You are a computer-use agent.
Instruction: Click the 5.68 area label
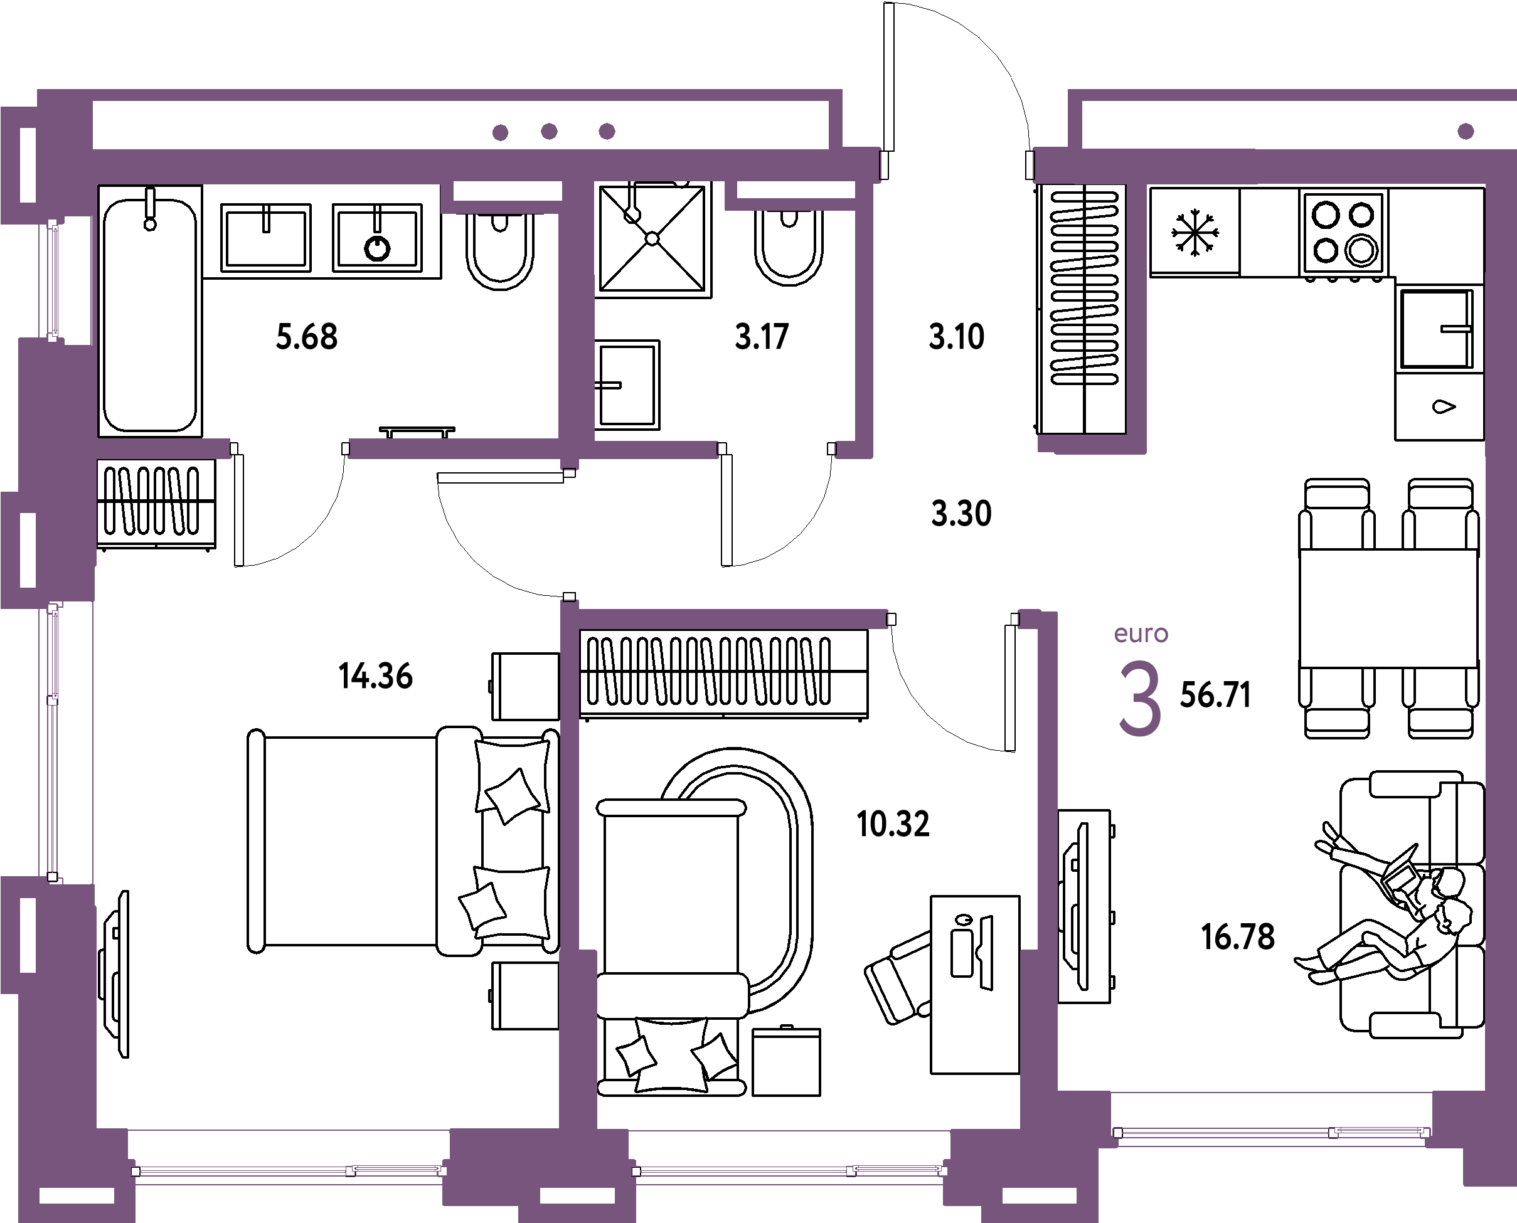coord(307,337)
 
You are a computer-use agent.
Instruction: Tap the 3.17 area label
coord(762,337)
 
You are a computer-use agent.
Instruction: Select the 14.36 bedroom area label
coord(376,676)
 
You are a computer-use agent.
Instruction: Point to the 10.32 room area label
coord(893,824)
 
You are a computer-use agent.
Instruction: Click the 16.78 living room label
coord(1238,938)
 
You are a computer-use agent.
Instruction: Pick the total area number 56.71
coord(1215,696)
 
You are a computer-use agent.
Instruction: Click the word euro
coord(1141,634)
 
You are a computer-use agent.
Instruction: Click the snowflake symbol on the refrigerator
coord(1195,233)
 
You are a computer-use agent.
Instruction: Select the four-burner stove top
coord(1343,233)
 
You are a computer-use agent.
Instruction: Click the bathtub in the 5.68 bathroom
coord(150,311)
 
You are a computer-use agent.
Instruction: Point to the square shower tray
coord(652,239)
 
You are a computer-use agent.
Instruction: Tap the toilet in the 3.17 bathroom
coord(789,246)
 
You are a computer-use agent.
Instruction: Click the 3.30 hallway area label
coord(961,514)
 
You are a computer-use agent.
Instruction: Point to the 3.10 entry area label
coord(956,337)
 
